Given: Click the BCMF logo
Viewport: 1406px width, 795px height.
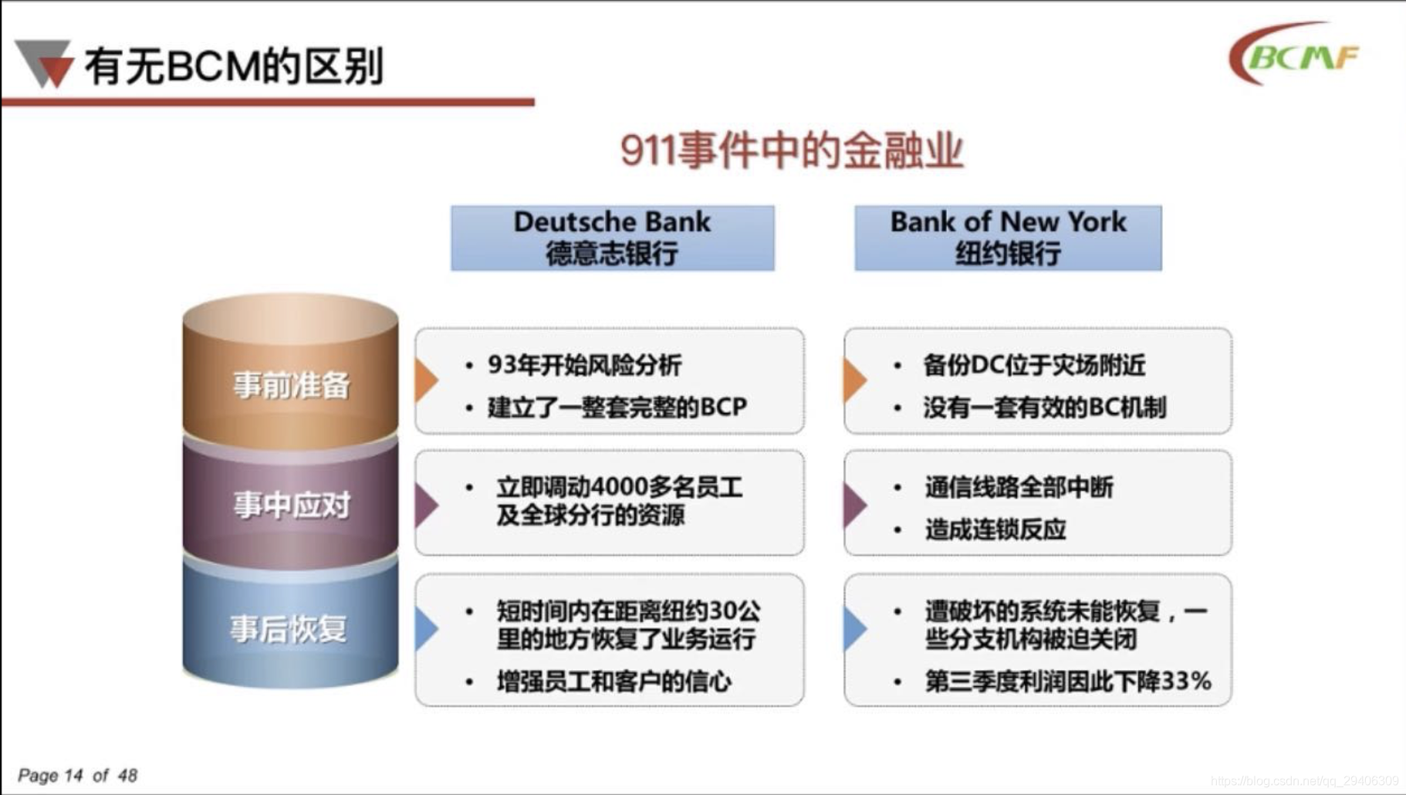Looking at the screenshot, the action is pyautogui.click(x=1294, y=54).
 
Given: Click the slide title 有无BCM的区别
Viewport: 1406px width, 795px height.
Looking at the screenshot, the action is pyautogui.click(x=234, y=66).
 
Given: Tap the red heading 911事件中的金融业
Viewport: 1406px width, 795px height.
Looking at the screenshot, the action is pyautogui.click(x=792, y=150).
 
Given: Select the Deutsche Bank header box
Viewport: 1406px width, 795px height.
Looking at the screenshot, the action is pyautogui.click(x=613, y=238).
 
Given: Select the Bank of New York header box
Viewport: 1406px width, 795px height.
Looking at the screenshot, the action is pyautogui.click(x=1008, y=238).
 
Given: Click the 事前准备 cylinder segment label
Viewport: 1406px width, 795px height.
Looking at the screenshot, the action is pyautogui.click(x=292, y=384).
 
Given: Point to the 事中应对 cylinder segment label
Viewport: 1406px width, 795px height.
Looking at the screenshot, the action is pyautogui.click(x=292, y=506).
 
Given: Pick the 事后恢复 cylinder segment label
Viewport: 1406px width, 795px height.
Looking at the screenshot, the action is pyautogui.click(x=289, y=629).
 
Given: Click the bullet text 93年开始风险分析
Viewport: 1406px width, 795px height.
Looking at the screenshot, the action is pyautogui.click(x=584, y=365).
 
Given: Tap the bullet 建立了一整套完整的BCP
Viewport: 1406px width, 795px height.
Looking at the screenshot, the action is pyautogui.click(x=617, y=407).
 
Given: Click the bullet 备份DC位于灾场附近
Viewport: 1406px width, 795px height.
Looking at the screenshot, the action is pyautogui.click(x=1034, y=365).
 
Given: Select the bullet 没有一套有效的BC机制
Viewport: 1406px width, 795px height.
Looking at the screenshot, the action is pyautogui.click(x=1045, y=407).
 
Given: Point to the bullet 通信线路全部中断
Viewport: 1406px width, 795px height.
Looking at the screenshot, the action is pyautogui.click(x=1019, y=487).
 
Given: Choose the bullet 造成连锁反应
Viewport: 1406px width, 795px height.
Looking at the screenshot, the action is pyautogui.click(x=995, y=529).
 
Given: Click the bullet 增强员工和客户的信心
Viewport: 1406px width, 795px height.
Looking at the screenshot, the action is pyautogui.click(x=613, y=682).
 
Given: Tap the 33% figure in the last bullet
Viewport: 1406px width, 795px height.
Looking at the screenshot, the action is pyautogui.click(x=1185, y=682).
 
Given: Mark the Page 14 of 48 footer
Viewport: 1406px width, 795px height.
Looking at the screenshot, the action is pyautogui.click(x=77, y=775).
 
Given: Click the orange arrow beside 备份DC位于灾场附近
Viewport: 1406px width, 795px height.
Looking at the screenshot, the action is pyautogui.click(x=855, y=380).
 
